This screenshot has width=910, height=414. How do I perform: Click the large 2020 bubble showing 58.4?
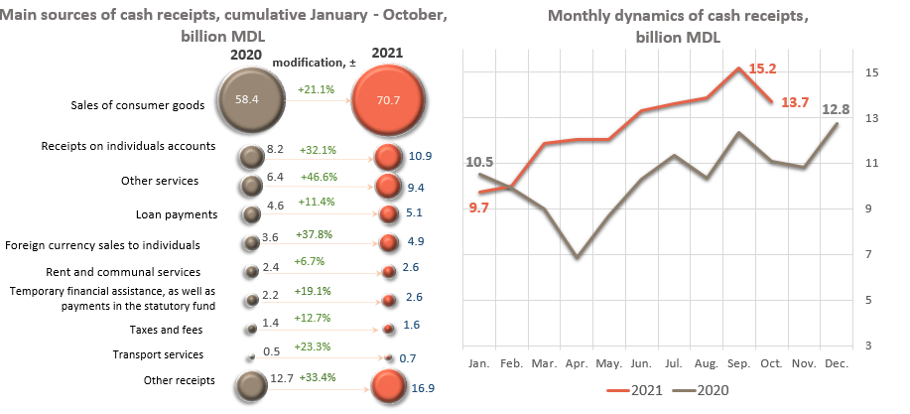click(249, 100)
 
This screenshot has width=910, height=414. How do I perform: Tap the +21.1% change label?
click(317, 90)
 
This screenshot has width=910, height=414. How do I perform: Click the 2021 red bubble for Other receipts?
click(386, 386)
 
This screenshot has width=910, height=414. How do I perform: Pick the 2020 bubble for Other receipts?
click(249, 385)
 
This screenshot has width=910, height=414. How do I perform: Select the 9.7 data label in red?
click(479, 206)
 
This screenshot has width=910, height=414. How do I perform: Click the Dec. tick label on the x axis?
click(835, 362)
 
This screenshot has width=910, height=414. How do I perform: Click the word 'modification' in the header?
click(309, 63)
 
